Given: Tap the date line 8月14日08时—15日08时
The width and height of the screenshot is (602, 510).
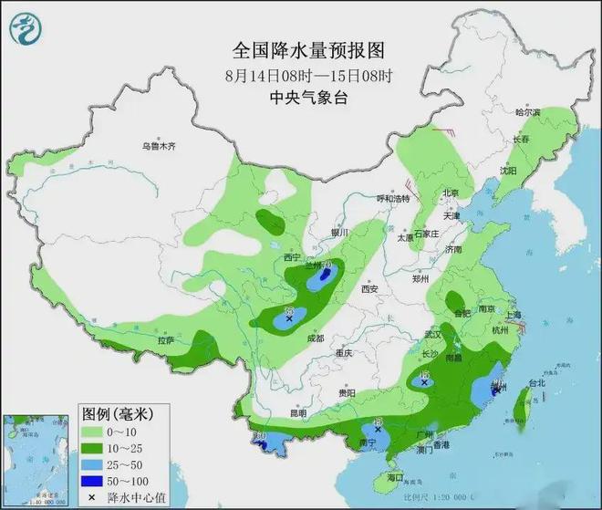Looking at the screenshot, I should click(x=300, y=75).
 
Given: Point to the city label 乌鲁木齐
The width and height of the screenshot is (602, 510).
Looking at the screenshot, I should click(x=157, y=146).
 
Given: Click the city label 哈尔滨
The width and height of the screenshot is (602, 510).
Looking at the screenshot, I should click(x=526, y=112).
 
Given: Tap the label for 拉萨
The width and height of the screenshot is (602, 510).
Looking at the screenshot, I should click(x=165, y=340).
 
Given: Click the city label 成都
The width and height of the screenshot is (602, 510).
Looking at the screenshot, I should click(x=316, y=338).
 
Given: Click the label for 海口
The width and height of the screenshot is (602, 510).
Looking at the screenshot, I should click(x=395, y=478).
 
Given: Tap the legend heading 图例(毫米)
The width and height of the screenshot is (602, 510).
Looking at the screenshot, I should click(x=114, y=414).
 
